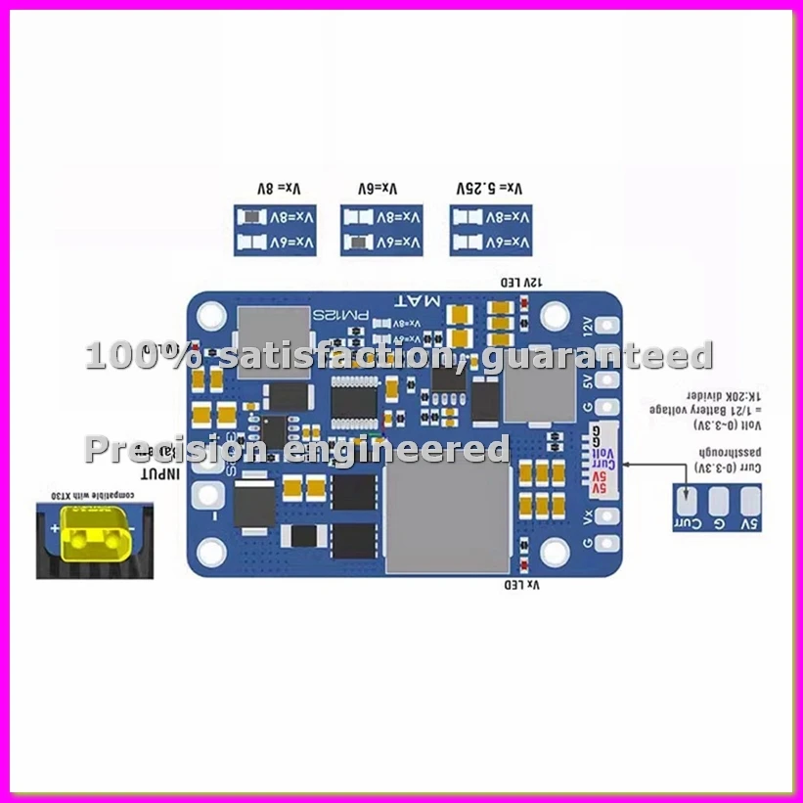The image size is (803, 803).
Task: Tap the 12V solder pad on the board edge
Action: click(608, 327)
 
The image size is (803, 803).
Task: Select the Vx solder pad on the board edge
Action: click(608, 516)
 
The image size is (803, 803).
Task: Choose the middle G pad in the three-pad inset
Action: click(719, 501)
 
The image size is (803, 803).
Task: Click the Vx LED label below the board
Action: click(521, 585)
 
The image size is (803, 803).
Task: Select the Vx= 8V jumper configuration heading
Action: click(277, 189)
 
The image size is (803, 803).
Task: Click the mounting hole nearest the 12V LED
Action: click(556, 315)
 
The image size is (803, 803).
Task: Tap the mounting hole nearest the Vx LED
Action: click(556, 554)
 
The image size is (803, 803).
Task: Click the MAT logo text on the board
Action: click(418, 300)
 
